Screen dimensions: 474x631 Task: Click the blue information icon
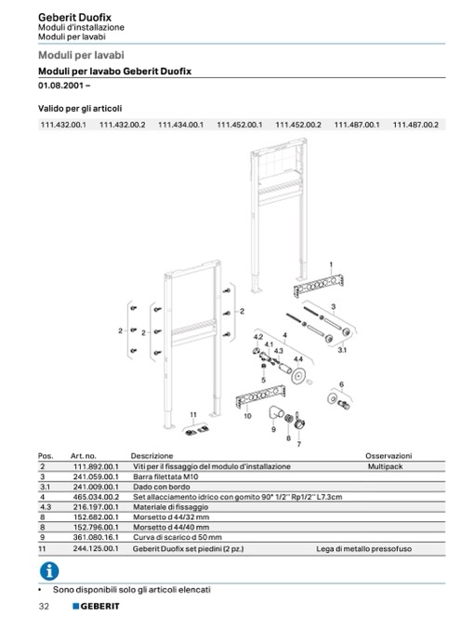[x=49, y=571]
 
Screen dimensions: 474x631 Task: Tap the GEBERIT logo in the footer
[x=96, y=606]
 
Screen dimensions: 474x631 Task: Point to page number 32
[x=44, y=606]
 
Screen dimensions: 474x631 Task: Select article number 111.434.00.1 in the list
[x=180, y=125]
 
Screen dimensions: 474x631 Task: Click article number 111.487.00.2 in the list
[x=415, y=125]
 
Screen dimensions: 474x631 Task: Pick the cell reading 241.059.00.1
[x=96, y=477]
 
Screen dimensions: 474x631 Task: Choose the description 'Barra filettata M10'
[x=165, y=477]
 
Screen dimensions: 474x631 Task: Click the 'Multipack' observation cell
[x=385, y=466]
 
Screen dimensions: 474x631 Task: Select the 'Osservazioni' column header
[x=388, y=455]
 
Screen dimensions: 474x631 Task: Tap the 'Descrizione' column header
[x=151, y=455]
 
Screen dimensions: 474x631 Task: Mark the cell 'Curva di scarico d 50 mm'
[x=178, y=537]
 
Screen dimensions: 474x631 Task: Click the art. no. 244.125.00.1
[x=96, y=548]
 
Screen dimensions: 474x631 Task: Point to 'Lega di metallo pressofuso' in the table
[x=363, y=548]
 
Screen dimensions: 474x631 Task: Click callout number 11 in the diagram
[x=193, y=414]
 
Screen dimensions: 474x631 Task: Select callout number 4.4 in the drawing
[x=298, y=359]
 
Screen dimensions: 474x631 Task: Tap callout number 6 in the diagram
[x=341, y=384]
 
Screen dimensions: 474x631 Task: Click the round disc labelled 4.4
[x=298, y=375]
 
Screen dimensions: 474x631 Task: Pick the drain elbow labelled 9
[x=276, y=413]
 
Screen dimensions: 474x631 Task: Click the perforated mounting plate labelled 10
[x=260, y=396]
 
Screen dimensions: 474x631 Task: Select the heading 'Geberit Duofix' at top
[x=74, y=18]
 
